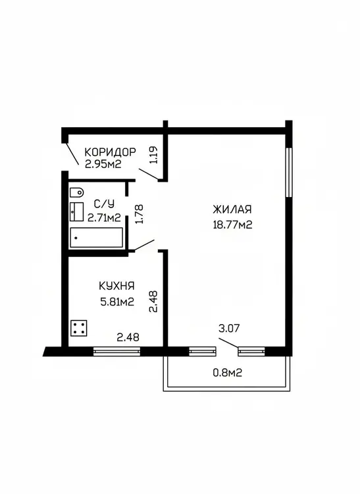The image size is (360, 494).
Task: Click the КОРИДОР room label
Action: coord(110,152)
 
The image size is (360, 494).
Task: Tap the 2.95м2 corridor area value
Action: coord(103,164)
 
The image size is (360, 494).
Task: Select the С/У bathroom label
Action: coord(105,204)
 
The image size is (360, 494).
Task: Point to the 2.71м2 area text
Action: coord(104,218)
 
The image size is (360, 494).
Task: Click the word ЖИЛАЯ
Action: coord(232,209)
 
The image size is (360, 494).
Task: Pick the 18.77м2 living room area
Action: coord(232,225)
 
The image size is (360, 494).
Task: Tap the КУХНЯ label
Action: coord(116,286)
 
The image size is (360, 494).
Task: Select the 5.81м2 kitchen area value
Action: coord(117,302)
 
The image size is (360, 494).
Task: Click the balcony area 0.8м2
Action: coord(228,373)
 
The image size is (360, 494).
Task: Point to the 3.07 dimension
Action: coord(229,328)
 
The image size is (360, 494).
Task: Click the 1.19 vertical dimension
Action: coord(153,155)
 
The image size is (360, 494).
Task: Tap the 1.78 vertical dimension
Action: coord(139,214)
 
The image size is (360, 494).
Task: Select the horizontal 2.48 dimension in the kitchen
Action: coord(128,337)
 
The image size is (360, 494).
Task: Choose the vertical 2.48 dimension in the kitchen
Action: coord(153,301)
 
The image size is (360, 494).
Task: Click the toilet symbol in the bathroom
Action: coord(77,192)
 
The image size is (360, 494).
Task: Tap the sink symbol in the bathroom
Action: coord(76,211)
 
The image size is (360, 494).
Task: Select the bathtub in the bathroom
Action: coord(96,238)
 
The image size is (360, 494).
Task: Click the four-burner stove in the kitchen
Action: coord(79,328)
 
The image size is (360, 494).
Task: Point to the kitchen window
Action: coord(116,351)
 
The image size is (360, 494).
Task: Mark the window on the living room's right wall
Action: coord(288,173)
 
